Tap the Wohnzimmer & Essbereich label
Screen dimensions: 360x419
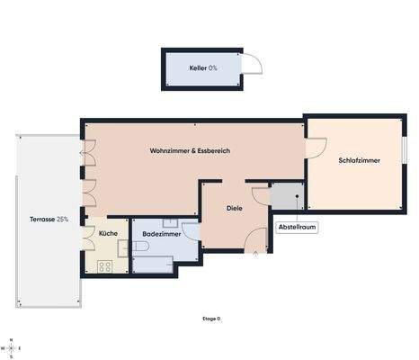(x=190, y=151)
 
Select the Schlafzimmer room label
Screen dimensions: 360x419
(x=359, y=160)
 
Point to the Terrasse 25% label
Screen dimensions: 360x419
(x=49, y=219)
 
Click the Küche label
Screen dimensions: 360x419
(x=107, y=233)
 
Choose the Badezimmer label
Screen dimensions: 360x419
(x=161, y=233)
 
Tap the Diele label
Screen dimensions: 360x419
(x=234, y=208)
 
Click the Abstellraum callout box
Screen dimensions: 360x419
(x=296, y=228)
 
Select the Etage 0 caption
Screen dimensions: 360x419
(x=211, y=319)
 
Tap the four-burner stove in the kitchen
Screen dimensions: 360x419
(x=104, y=265)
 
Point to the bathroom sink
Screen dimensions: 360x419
(x=169, y=222)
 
